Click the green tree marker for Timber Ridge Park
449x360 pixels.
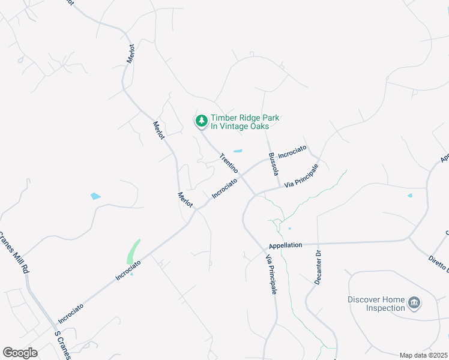point(202,121)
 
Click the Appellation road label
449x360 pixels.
point(285,245)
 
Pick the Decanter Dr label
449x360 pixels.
point(319,268)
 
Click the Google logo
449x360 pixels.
point(20,353)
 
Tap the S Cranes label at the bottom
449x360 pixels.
point(62,344)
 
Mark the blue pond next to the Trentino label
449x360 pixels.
point(238,151)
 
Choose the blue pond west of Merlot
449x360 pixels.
point(95,196)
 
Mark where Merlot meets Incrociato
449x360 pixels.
point(195,209)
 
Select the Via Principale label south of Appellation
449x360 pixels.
point(272,274)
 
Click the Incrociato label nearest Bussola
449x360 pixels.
point(292,152)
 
